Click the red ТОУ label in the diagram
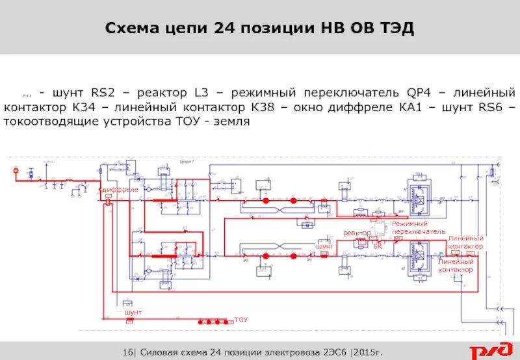pyautogui.click(x=241, y=320)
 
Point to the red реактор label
pyautogui.click(x=357, y=233)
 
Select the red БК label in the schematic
pyautogui.click(x=378, y=246)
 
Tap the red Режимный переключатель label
pyautogui.click(x=419, y=227)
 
